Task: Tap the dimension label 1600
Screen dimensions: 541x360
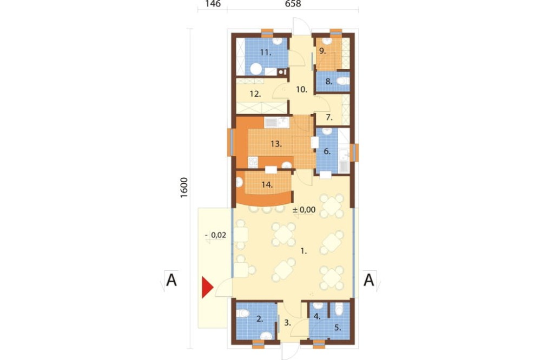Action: point(184,187)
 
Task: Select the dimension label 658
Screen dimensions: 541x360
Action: point(293,4)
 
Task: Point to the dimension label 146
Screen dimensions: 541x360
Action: point(213,4)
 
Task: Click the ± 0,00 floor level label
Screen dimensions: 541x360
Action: point(304,209)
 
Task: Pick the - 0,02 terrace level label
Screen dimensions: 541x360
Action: point(216,235)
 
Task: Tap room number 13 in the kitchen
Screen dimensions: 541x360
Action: point(276,144)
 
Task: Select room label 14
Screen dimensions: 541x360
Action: point(267,185)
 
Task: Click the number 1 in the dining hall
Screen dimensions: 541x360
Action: point(304,251)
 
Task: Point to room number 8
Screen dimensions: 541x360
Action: point(328,82)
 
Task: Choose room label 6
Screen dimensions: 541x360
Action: point(327,151)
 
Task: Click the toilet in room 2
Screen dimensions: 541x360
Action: point(243,314)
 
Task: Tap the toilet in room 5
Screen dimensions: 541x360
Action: point(339,309)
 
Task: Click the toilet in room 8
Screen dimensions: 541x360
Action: point(342,82)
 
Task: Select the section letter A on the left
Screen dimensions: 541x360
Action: point(171,280)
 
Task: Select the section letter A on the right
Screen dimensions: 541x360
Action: point(368,280)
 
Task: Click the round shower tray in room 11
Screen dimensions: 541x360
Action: point(256,69)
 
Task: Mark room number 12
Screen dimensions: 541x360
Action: point(255,94)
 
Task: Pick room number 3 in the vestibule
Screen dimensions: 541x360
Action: point(287,323)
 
